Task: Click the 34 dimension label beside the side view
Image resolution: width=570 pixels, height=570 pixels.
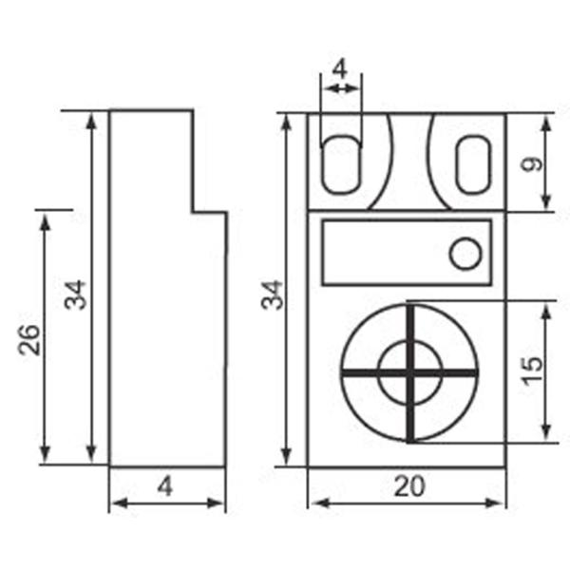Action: pos(76,294)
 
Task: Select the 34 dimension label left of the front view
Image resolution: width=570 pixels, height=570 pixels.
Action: pos(272,294)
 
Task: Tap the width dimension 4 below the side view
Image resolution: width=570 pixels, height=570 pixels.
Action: pos(165,486)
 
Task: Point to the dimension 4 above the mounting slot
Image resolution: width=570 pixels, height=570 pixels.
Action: pos(341,69)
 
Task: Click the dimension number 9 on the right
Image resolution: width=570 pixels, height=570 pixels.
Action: pos(534,162)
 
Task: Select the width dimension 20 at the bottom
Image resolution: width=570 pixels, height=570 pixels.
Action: pos(408,486)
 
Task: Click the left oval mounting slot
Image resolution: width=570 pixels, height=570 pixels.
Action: pos(341,163)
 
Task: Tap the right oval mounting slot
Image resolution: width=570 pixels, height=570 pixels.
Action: pos(471,163)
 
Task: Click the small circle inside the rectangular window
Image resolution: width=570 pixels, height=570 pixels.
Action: pos(465,254)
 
